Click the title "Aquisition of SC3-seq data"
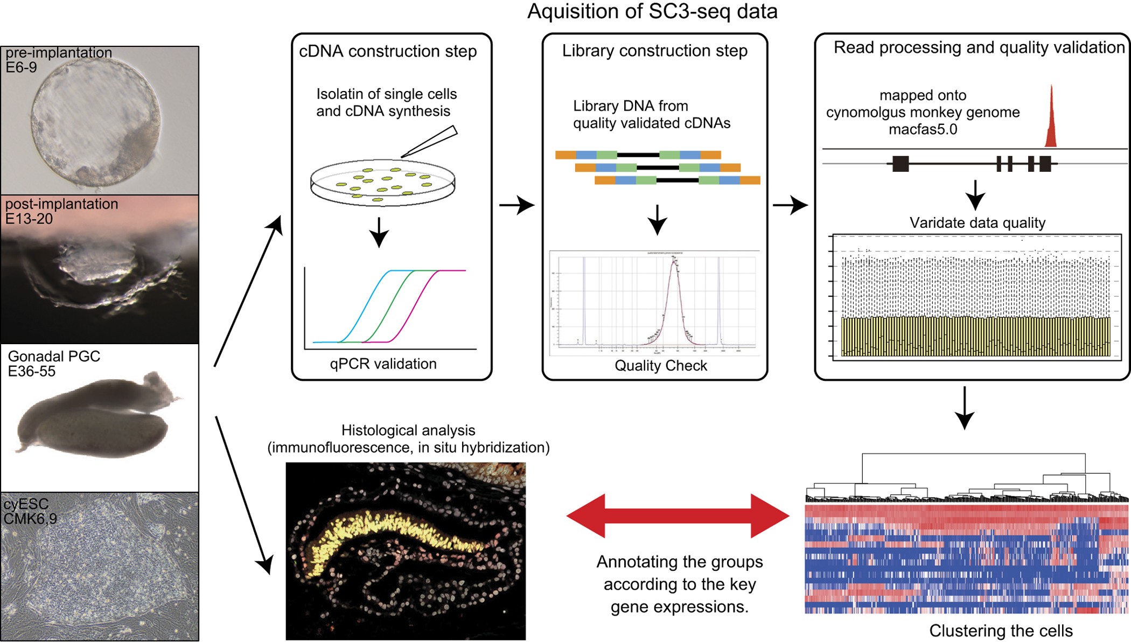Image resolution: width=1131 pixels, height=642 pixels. click(652, 12)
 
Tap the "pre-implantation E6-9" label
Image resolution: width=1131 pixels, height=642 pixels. click(58, 60)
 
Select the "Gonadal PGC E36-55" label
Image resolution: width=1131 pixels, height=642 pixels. click(54, 364)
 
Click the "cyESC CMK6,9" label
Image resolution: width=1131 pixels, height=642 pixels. click(30, 511)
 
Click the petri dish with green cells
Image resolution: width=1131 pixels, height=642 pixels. click(382, 183)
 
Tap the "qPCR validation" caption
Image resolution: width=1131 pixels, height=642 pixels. click(383, 364)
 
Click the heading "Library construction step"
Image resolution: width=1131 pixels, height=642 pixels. click(654, 51)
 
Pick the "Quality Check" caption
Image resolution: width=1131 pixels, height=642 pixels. click(660, 366)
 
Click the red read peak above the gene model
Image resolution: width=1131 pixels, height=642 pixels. click(1050, 121)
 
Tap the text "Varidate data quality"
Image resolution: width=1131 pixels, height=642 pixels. click(977, 223)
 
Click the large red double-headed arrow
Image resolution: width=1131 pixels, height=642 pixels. click(678, 516)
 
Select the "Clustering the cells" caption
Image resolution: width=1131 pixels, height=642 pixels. click(1001, 631)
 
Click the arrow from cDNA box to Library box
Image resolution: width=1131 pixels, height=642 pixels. click(516, 205)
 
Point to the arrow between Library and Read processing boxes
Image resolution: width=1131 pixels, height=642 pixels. click(790, 205)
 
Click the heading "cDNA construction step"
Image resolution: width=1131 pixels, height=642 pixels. click(388, 51)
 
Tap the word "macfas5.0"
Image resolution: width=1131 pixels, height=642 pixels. click(923, 130)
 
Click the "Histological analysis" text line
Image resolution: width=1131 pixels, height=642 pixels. click(408, 430)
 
